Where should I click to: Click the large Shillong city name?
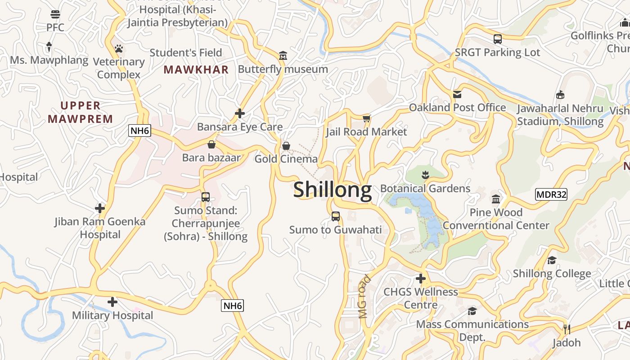(333, 190)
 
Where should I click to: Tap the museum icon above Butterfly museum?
(283, 56)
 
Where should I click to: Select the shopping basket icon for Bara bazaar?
(211, 144)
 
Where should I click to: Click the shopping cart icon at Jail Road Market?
(366, 118)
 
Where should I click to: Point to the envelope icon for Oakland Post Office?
(457, 94)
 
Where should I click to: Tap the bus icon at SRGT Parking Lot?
(497, 39)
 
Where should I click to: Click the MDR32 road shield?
(551, 194)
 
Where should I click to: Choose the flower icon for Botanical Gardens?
(425, 174)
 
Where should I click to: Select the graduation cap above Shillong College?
(552, 260)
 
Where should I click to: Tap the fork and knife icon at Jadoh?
(567, 329)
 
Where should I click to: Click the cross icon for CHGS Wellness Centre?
(421, 279)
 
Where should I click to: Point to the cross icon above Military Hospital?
(112, 302)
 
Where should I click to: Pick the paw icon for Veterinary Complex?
(119, 49)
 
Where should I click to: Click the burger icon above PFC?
(55, 14)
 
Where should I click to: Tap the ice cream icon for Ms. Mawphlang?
(49, 46)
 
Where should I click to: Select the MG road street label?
(365, 297)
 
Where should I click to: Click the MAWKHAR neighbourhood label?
(196, 70)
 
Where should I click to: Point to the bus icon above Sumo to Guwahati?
(335, 216)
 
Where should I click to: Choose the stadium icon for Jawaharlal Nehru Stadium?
(560, 94)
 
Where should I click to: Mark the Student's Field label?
(186, 53)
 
